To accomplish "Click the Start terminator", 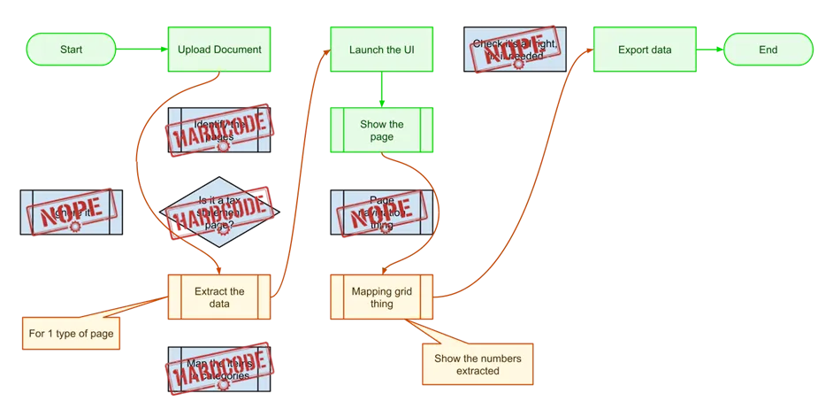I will [x=71, y=50].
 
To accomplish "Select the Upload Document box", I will [x=219, y=50].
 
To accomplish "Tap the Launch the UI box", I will [x=381, y=50].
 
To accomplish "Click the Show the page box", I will [x=381, y=131].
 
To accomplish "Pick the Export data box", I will [x=644, y=50].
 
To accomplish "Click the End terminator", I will [x=768, y=50].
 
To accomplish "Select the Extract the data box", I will [x=219, y=297].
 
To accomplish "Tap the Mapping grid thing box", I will [x=382, y=297].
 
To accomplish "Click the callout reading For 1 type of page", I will [x=73, y=334].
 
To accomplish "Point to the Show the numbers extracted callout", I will [x=478, y=364].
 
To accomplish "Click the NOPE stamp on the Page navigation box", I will [x=380, y=213].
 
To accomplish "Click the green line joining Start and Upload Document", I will [x=141, y=50].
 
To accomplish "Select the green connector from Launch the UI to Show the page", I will [x=381, y=90].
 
